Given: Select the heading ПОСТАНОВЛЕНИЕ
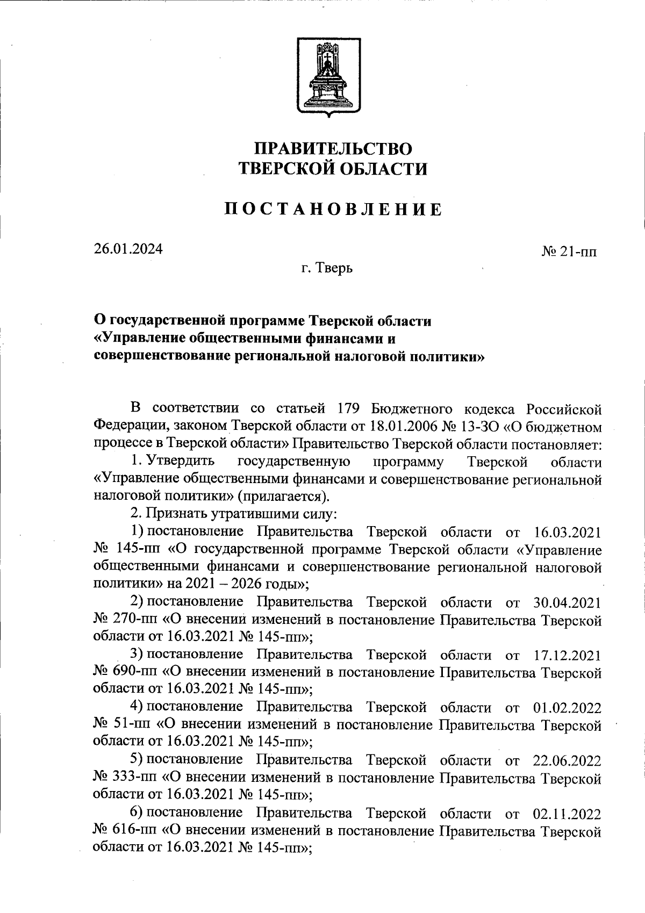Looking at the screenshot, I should coord(333,209).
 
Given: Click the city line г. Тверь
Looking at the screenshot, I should coord(327,267).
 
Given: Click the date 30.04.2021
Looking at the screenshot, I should coord(568,603).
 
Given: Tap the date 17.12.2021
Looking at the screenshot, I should coord(568,656).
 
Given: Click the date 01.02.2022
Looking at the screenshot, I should coord(568,708).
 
